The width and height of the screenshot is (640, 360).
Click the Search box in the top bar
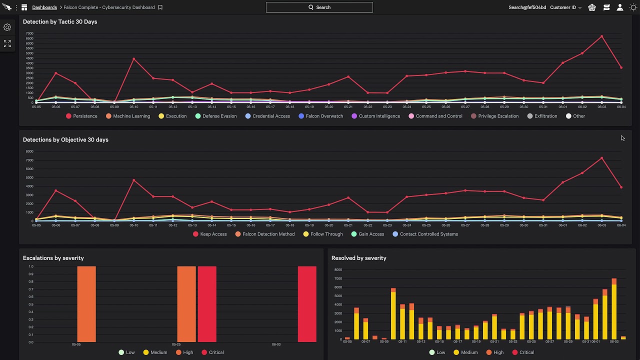pyautogui.click(x=319, y=7)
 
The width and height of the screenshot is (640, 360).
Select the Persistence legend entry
pyautogui.click(x=81, y=116)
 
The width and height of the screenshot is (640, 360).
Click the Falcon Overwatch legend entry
pyautogui.click(x=321, y=116)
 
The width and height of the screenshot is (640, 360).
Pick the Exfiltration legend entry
pyautogui.click(x=542, y=116)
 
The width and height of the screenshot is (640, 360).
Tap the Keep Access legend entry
pyautogui.click(x=210, y=234)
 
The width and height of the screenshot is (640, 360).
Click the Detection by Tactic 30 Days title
pyautogui.click(x=60, y=22)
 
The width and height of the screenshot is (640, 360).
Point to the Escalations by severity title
pyautogui.click(x=53, y=258)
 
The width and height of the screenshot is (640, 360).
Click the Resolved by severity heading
pyautogui.click(x=359, y=258)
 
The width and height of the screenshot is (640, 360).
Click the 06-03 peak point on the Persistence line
pyautogui.click(x=601, y=36)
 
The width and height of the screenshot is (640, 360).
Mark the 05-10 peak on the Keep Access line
pyautogui.click(x=133, y=180)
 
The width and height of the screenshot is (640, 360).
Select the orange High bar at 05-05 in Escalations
pyautogui.click(x=86, y=304)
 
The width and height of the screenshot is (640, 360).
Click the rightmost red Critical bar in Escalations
pyautogui.click(x=307, y=304)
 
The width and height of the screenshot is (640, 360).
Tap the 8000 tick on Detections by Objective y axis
pyautogui.click(x=29, y=151)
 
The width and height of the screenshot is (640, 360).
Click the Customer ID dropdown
pyautogui.click(x=566, y=7)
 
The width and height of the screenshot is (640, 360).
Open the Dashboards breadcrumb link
pyautogui.click(x=44, y=7)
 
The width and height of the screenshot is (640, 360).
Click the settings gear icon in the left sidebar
pyautogui.click(x=7, y=27)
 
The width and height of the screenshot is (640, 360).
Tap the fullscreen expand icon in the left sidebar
pyautogui.click(x=7, y=44)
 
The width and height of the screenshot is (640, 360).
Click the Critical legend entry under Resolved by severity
pyautogui.click(x=522, y=352)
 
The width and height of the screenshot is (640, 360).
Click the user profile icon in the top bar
pyautogui.click(x=620, y=7)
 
